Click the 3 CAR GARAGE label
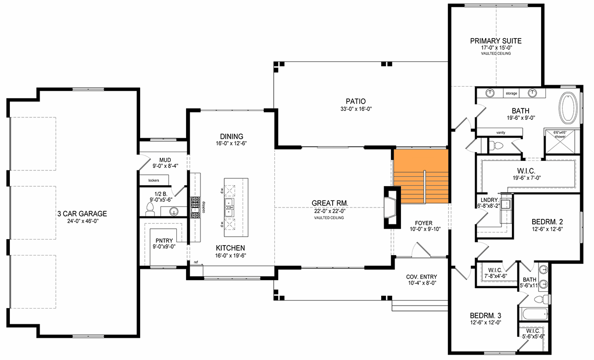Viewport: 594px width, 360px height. point(82,213)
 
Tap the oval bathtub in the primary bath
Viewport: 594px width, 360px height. point(568,108)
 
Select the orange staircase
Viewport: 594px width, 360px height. point(421,176)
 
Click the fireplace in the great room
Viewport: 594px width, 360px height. point(392,207)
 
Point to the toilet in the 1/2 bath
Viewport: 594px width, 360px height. point(150,209)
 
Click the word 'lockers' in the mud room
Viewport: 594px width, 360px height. point(154,180)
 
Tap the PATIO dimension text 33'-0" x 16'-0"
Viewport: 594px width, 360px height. point(356,109)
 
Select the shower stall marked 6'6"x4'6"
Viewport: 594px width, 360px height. point(560,142)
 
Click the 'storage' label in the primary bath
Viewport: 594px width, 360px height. point(511,94)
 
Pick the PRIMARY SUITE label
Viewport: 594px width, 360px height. point(496,41)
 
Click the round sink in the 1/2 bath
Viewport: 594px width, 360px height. point(174,212)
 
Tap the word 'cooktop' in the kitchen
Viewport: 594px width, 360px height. point(203,207)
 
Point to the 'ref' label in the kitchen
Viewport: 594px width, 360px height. point(196,262)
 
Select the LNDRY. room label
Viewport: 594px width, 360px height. point(490,200)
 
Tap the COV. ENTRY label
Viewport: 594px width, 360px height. point(422,277)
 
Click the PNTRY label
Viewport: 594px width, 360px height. point(164,241)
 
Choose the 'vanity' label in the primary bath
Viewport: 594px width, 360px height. point(500,132)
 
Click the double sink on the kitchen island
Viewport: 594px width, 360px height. point(229,207)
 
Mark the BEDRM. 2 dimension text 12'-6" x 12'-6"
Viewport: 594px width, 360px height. point(547,229)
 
